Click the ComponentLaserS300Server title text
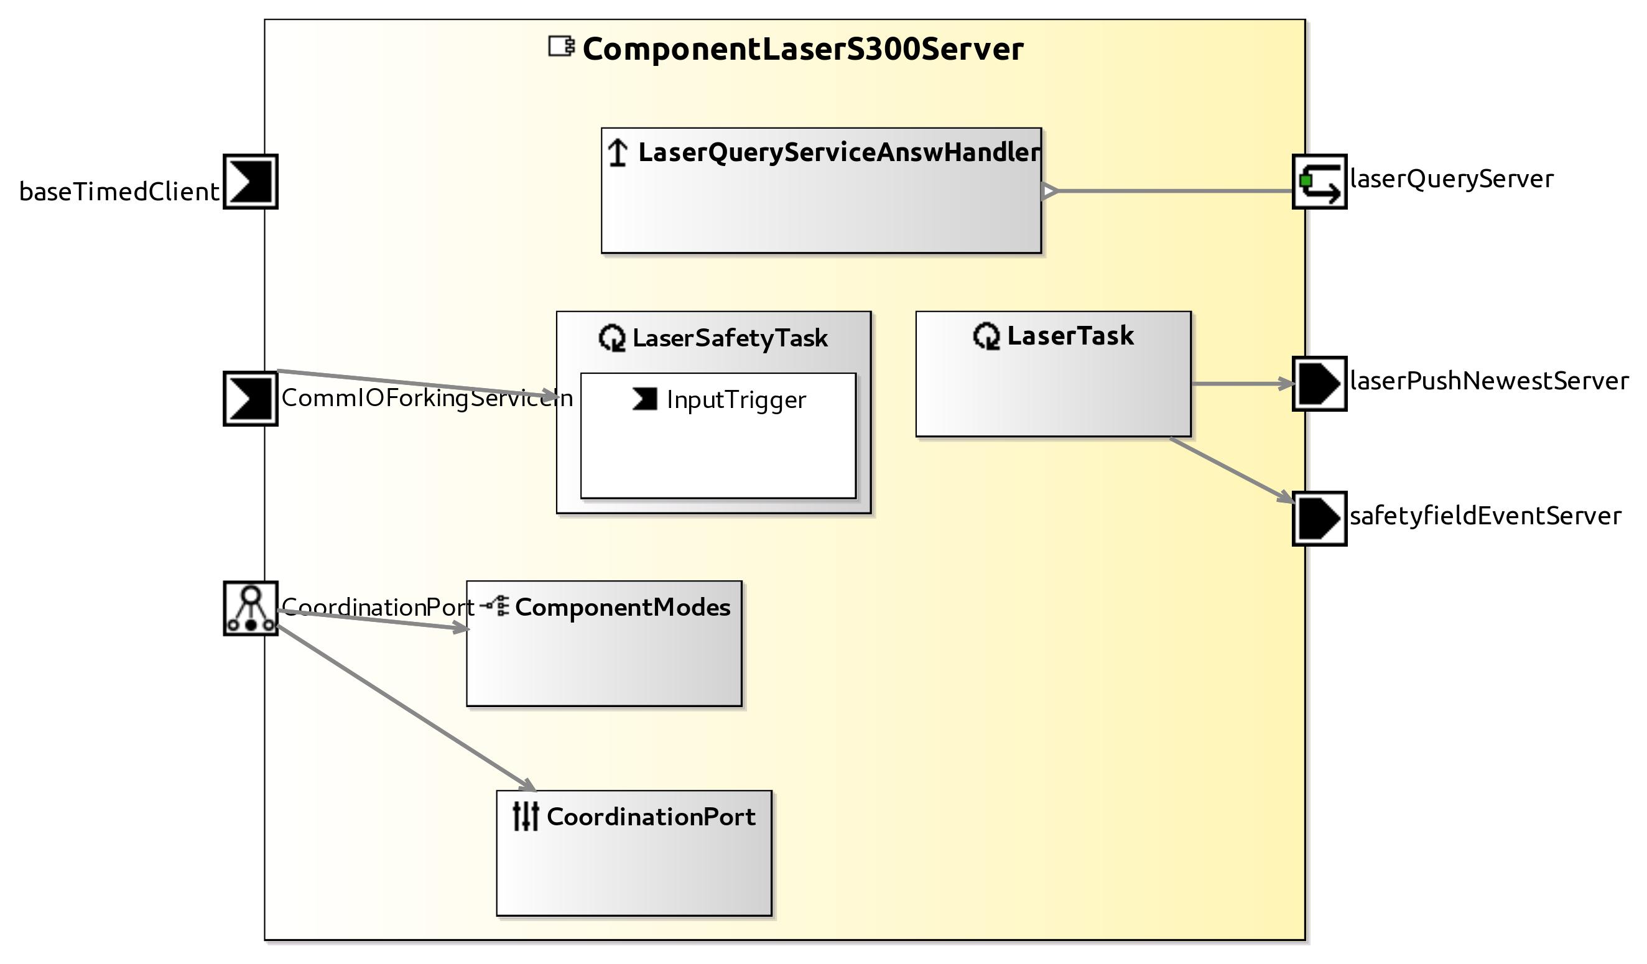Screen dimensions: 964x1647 coord(802,50)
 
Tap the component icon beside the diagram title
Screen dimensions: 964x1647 coord(561,47)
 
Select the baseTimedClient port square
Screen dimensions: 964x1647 coord(250,182)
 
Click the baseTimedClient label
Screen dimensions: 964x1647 coord(119,192)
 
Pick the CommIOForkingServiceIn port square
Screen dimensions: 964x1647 coord(250,399)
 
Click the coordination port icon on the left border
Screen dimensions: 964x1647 coord(250,608)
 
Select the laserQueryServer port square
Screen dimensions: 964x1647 coord(1319,182)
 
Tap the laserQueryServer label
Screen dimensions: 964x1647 coord(1451,178)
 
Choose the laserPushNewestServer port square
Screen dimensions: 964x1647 coord(1319,384)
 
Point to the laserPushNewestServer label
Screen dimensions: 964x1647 coord(1489,381)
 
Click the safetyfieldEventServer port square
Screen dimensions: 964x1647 coord(1319,518)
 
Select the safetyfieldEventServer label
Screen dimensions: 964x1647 coord(1485,516)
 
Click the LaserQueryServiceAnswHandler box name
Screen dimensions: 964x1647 coord(838,152)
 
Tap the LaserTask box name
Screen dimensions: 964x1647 coord(1070,335)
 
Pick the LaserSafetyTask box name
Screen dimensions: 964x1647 coord(730,338)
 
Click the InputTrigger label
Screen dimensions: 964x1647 coord(736,399)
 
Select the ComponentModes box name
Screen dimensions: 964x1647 coord(622,607)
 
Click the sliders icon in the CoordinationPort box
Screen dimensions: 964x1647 coord(526,817)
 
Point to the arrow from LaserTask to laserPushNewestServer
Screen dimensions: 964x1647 coord(1242,384)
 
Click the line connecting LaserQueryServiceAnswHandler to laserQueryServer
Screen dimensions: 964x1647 coord(1176,191)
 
